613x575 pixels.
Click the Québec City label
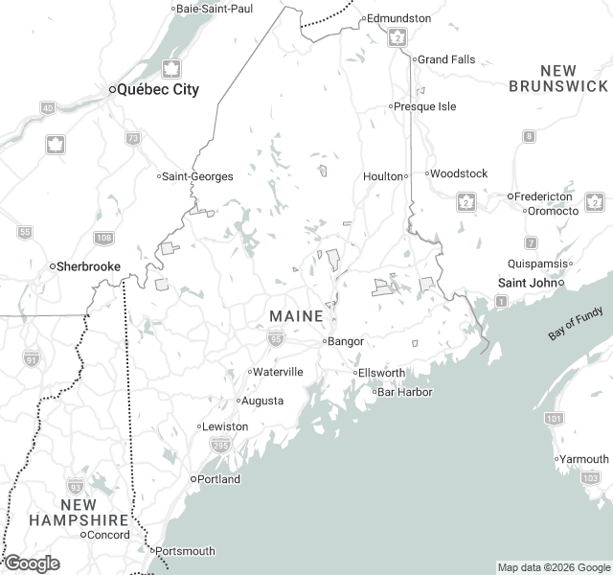pos(158,89)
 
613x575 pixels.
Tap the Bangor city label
pos(346,341)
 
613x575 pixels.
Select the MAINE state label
pos(296,316)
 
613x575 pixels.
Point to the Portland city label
pos(218,479)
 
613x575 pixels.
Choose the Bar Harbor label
pos(404,392)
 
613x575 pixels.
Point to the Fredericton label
pos(543,196)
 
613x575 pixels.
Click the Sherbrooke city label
pos(89,266)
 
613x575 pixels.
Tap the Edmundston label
pos(399,18)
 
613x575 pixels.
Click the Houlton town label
pos(382,176)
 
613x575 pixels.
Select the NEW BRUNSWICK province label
pos(558,79)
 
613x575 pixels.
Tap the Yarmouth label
pos(584,459)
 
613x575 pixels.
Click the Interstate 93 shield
pos(76,486)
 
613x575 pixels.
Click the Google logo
pos(32,563)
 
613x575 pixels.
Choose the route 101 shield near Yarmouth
pos(553,419)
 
